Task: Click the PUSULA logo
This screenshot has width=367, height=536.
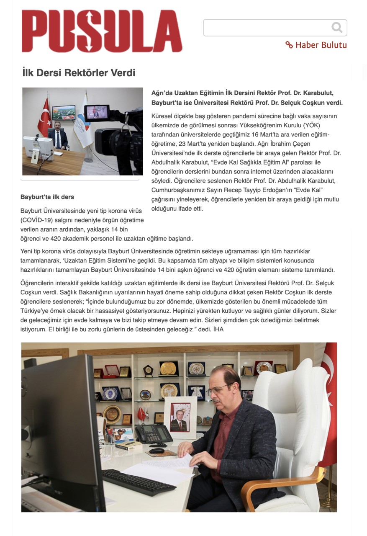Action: point(102,31)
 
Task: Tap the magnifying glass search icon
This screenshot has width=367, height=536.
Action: point(336,28)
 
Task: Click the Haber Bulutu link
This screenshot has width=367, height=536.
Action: point(316,45)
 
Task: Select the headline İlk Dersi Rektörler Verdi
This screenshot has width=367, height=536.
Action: point(79,72)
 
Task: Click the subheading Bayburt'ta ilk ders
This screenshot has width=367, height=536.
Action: point(47,197)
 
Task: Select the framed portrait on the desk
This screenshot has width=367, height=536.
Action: point(180,416)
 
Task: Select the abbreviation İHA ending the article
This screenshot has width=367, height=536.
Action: point(218,330)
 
